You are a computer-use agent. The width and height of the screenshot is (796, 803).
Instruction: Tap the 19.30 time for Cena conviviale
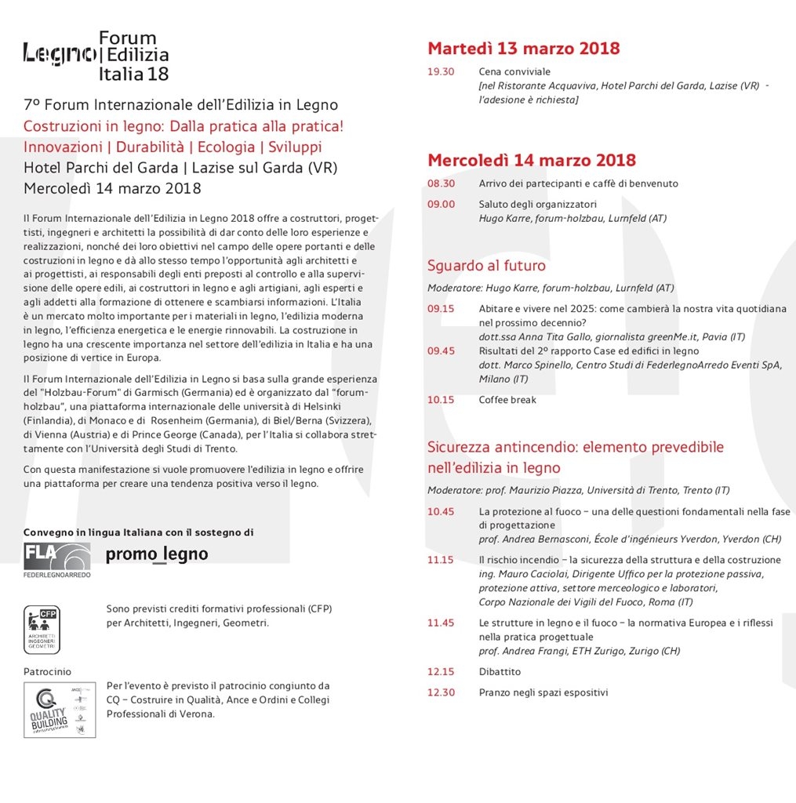click(441, 71)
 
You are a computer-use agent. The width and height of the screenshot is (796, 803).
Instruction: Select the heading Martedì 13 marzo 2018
click(523, 49)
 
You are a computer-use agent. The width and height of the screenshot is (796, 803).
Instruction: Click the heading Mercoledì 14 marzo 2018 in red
click(531, 161)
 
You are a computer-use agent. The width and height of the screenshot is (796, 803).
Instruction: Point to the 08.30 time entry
click(441, 183)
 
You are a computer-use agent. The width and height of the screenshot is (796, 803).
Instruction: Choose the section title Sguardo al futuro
click(486, 266)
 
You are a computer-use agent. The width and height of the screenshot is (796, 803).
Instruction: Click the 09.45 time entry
click(441, 351)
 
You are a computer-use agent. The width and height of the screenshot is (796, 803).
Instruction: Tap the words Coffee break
click(507, 400)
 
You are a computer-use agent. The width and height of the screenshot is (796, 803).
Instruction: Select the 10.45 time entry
click(441, 511)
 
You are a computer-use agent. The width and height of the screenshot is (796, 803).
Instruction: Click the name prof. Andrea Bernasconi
click(526, 540)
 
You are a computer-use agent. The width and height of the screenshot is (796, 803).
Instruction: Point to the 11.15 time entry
click(441, 560)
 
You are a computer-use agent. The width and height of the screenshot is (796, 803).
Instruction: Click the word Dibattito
click(500, 672)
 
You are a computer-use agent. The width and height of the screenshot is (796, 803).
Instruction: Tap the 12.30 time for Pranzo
click(441, 692)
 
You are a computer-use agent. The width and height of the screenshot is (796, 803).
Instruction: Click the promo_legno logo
click(157, 554)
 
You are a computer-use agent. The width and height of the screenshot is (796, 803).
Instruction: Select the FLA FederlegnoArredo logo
click(56, 560)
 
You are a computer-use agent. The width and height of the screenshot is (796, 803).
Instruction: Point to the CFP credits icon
click(42, 629)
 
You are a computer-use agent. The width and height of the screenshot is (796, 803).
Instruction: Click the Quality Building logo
click(60, 710)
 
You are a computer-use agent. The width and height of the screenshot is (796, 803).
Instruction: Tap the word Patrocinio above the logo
click(47, 671)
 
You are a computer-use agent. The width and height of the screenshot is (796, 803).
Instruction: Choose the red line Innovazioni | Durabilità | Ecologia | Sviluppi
click(173, 147)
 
